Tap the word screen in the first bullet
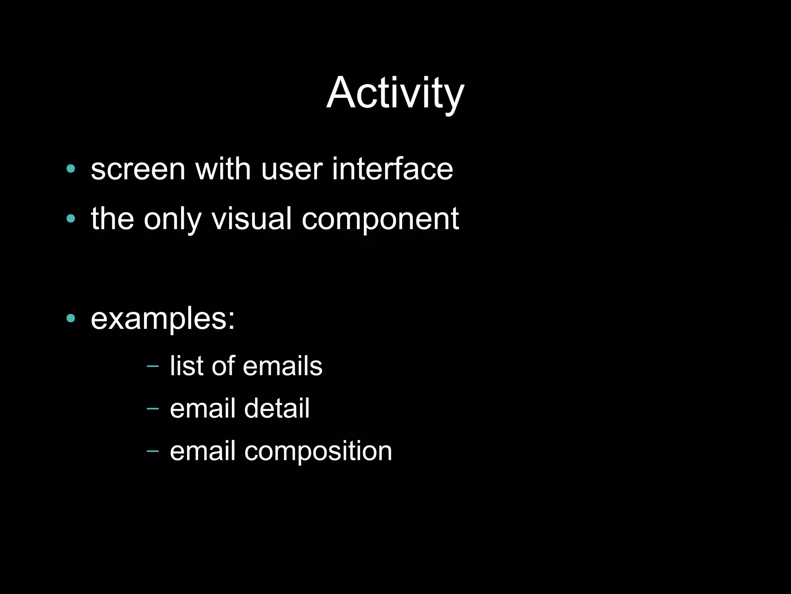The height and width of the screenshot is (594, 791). (138, 170)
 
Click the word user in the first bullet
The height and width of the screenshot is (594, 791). (292, 170)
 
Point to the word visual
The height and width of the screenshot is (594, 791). (251, 219)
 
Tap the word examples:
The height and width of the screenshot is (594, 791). (163, 320)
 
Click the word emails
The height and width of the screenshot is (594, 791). (282, 366)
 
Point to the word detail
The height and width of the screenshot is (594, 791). (277, 408)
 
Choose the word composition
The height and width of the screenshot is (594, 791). (318, 451)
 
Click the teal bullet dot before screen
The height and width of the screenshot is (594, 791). (71, 168)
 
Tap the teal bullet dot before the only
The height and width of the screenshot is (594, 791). (71, 219)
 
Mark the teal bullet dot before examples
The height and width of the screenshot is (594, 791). (71, 318)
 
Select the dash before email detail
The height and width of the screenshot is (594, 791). (153, 408)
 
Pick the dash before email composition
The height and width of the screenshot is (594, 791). (153, 451)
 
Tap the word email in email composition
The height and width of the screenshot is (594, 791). (202, 451)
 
